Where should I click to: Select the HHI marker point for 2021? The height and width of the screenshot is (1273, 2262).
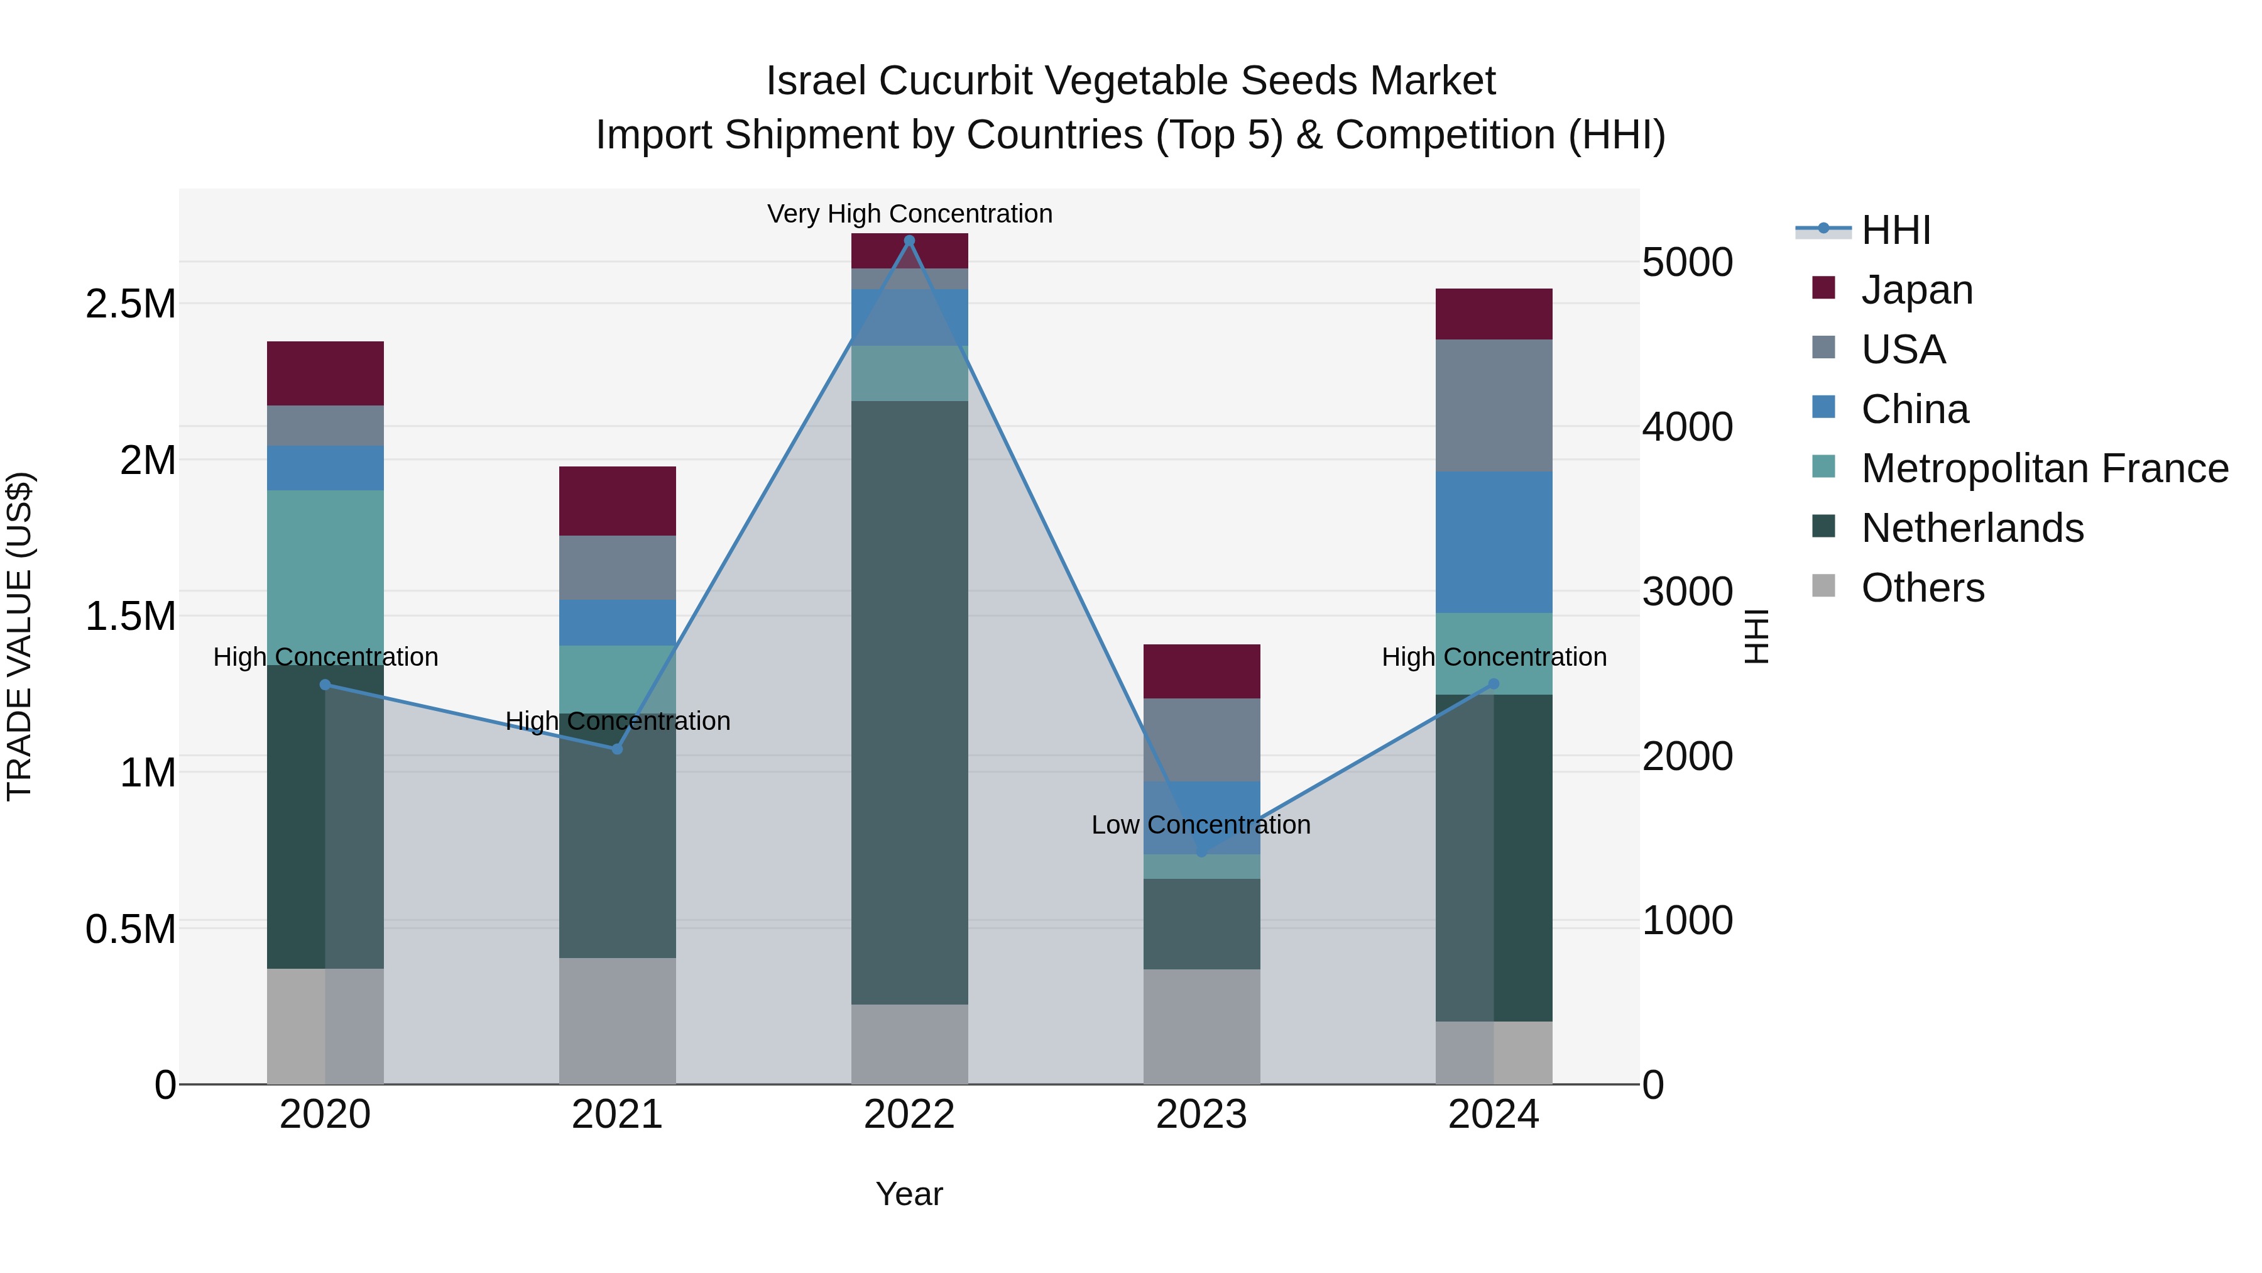point(616,749)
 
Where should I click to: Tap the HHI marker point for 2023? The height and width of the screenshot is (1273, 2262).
point(1201,852)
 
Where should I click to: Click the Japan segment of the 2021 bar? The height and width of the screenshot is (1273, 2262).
point(616,501)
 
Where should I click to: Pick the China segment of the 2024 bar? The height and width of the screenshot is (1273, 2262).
point(1493,542)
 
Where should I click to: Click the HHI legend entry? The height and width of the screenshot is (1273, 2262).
point(1895,230)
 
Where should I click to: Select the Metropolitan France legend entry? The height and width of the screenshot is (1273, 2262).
point(2044,468)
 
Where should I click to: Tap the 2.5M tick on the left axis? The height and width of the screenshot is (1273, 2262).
point(130,304)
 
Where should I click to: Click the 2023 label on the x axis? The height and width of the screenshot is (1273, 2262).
point(1201,1115)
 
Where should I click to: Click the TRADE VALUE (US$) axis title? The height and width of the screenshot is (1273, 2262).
point(19,636)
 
